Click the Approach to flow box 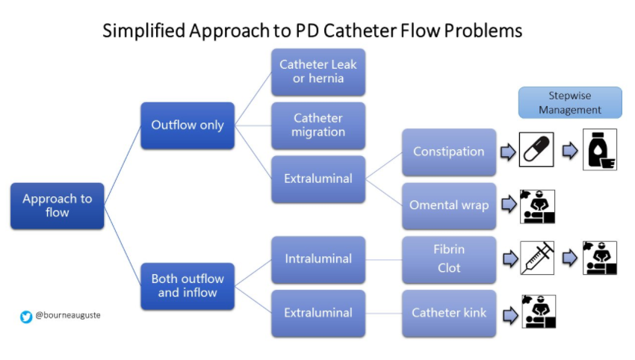point(57,205)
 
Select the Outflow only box point(188,125)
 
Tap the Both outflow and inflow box point(188,285)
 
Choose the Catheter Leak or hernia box point(318,72)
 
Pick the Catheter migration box point(318,125)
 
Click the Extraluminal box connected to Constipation point(318,179)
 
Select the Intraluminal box point(318,259)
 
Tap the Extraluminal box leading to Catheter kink point(318,313)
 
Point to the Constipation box point(449,152)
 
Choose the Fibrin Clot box point(449,259)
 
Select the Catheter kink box point(449,313)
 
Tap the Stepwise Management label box point(571,102)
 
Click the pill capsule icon point(537,152)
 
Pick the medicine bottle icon point(600,152)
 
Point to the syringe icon point(537,259)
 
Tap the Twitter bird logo point(26,317)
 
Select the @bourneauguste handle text point(68,316)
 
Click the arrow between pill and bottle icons point(571,152)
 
